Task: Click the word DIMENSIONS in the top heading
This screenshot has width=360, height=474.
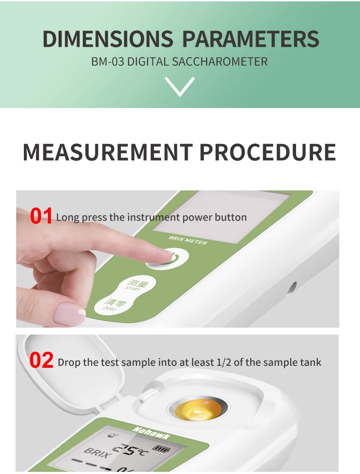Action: [108, 39]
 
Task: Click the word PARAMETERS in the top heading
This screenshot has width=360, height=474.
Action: [251, 39]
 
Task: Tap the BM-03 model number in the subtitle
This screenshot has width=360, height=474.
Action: [107, 62]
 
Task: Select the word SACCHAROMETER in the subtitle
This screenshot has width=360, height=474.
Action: [220, 62]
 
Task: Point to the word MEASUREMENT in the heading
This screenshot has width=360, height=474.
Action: [108, 152]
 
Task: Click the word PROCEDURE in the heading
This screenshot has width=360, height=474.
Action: [268, 152]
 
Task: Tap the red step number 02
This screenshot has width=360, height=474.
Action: [41, 360]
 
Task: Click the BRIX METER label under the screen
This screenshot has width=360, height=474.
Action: [188, 240]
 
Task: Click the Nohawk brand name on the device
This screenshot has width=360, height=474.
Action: [151, 433]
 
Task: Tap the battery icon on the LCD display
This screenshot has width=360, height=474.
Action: [161, 449]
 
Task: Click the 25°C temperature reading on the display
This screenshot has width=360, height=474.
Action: [130, 449]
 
